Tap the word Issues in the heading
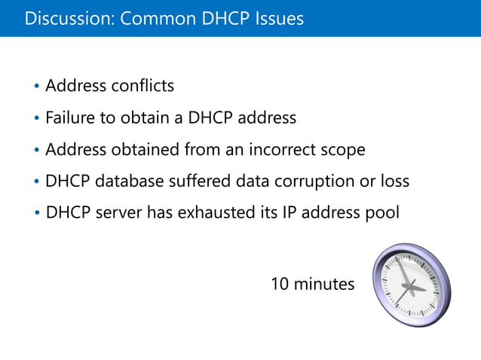pyautogui.click(x=280, y=18)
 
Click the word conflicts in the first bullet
pyautogui.click(x=142, y=86)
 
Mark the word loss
pyautogui.click(x=395, y=182)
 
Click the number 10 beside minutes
pyautogui.click(x=280, y=285)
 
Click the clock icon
pyautogui.click(x=412, y=285)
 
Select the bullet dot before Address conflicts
pyautogui.click(x=37, y=87)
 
